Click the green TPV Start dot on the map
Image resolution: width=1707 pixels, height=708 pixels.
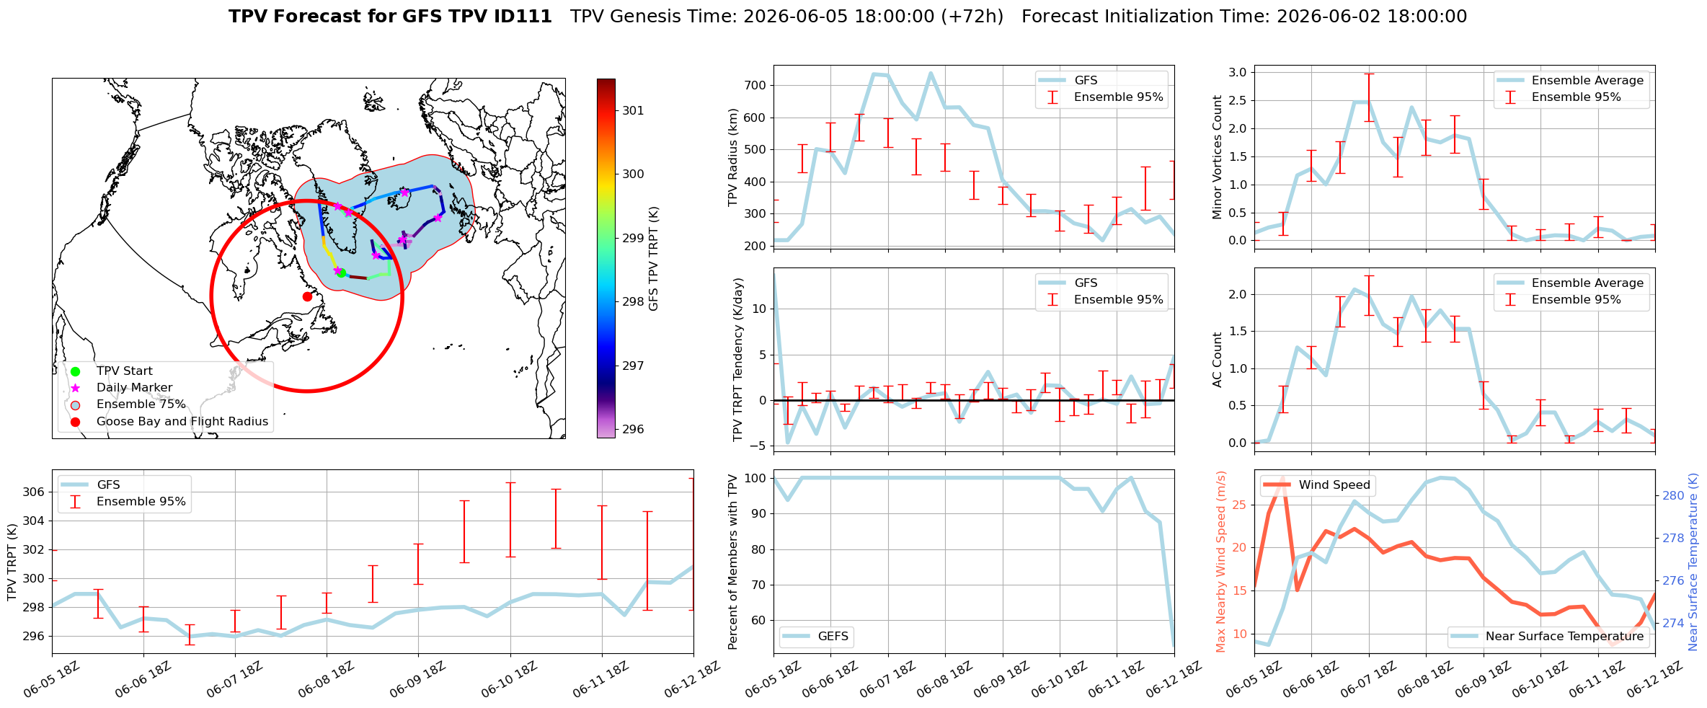pyautogui.click(x=342, y=273)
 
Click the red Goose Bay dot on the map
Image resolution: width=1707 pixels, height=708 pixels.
pyautogui.click(x=307, y=296)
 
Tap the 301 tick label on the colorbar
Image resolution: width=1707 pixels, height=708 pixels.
pyautogui.click(x=634, y=110)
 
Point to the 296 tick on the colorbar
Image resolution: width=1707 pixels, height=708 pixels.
pyautogui.click(x=634, y=429)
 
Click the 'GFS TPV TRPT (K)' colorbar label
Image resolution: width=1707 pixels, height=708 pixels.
pyautogui.click(x=654, y=259)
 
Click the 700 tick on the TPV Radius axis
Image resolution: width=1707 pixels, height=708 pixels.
pyautogui.click(x=755, y=85)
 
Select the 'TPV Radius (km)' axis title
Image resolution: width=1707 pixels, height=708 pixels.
pyautogui.click(x=733, y=157)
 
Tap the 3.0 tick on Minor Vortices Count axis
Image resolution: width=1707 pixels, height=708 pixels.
pyautogui.click(x=1238, y=72)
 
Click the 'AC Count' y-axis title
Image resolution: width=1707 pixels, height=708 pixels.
pyautogui.click(x=1218, y=360)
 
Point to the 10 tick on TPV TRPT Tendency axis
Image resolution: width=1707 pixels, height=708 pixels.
pyautogui.click(x=760, y=309)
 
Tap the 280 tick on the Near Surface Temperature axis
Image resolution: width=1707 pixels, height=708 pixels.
pyautogui.click(x=1673, y=495)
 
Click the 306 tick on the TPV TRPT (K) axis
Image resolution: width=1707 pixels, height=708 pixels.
pyautogui.click(x=34, y=492)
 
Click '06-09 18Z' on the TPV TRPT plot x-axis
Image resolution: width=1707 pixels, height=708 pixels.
pyautogui.click(x=415, y=680)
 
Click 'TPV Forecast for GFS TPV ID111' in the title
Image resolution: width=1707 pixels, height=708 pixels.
pyautogui.click(x=390, y=17)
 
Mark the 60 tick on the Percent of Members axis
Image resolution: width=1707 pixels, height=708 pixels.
pyautogui.click(x=760, y=620)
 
